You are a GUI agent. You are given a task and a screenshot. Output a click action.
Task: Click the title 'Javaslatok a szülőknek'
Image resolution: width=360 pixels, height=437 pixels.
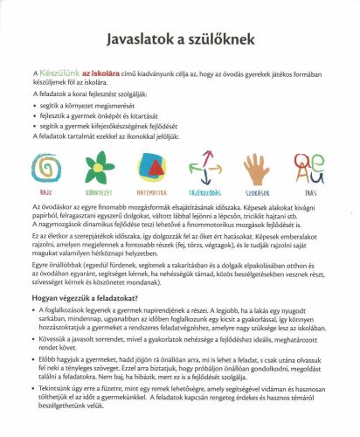(x=179, y=41)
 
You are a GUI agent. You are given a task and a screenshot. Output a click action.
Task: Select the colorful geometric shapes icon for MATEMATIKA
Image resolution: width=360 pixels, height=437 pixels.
(x=154, y=164)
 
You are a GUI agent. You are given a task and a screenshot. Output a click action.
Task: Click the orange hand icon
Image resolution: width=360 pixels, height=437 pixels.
(x=257, y=164)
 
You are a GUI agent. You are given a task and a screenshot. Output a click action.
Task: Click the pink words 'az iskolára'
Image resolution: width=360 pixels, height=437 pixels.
(x=100, y=79)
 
